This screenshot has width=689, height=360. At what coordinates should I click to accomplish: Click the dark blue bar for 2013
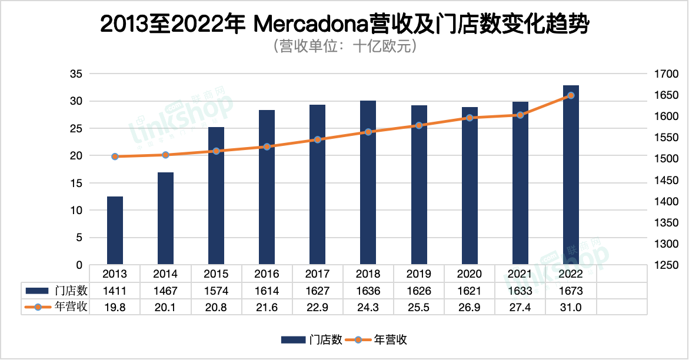click(115, 231)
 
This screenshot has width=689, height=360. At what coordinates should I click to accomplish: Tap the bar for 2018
click(368, 182)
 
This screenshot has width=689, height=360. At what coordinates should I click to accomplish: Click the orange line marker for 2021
click(520, 115)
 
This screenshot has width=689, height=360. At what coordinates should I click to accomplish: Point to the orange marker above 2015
click(216, 151)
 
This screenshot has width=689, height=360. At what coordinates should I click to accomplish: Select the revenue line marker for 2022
click(571, 95)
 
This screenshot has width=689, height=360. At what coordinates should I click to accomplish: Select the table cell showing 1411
click(115, 291)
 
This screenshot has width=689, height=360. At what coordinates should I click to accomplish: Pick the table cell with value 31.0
click(571, 307)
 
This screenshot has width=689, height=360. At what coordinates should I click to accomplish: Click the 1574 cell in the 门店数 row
click(216, 291)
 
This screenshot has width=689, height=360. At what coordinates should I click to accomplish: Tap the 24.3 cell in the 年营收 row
click(368, 307)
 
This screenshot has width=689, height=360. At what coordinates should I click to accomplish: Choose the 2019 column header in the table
click(418, 274)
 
